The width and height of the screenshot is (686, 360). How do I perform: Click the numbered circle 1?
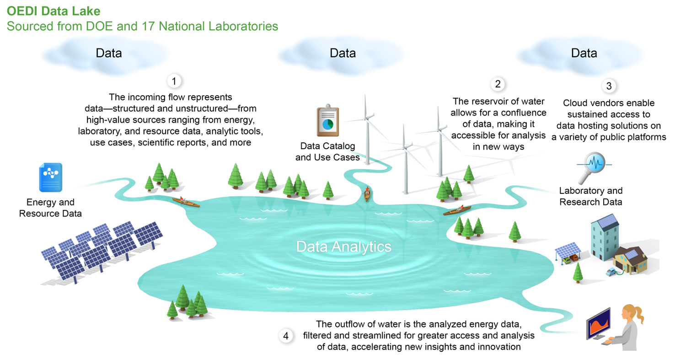pos(174,81)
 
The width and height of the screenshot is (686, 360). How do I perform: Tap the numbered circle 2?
pos(498,84)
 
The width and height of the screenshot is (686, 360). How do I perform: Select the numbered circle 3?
pos(609,86)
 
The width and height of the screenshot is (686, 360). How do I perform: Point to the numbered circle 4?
pos(286,336)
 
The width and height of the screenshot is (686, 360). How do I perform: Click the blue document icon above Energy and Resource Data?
pos(50,177)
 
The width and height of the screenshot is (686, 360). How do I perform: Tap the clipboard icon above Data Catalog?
pos(328,120)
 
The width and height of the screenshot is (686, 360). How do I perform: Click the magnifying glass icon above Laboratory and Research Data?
pos(593,167)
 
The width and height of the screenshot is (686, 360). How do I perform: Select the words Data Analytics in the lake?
pos(343,247)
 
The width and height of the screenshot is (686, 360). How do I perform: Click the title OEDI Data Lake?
pos(54,11)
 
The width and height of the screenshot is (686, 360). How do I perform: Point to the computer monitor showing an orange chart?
pos(598,324)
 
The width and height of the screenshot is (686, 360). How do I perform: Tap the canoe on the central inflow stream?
pos(367,193)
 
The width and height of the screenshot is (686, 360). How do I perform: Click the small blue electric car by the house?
pos(611,272)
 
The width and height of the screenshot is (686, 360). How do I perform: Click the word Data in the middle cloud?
pos(343,53)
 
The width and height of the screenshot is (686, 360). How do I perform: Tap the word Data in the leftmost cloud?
pos(109,53)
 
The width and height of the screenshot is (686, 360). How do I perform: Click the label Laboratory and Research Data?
pos(591,196)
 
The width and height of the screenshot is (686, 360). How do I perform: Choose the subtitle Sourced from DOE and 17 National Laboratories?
pos(142,27)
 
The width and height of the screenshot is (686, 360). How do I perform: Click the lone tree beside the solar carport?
pos(578,273)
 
